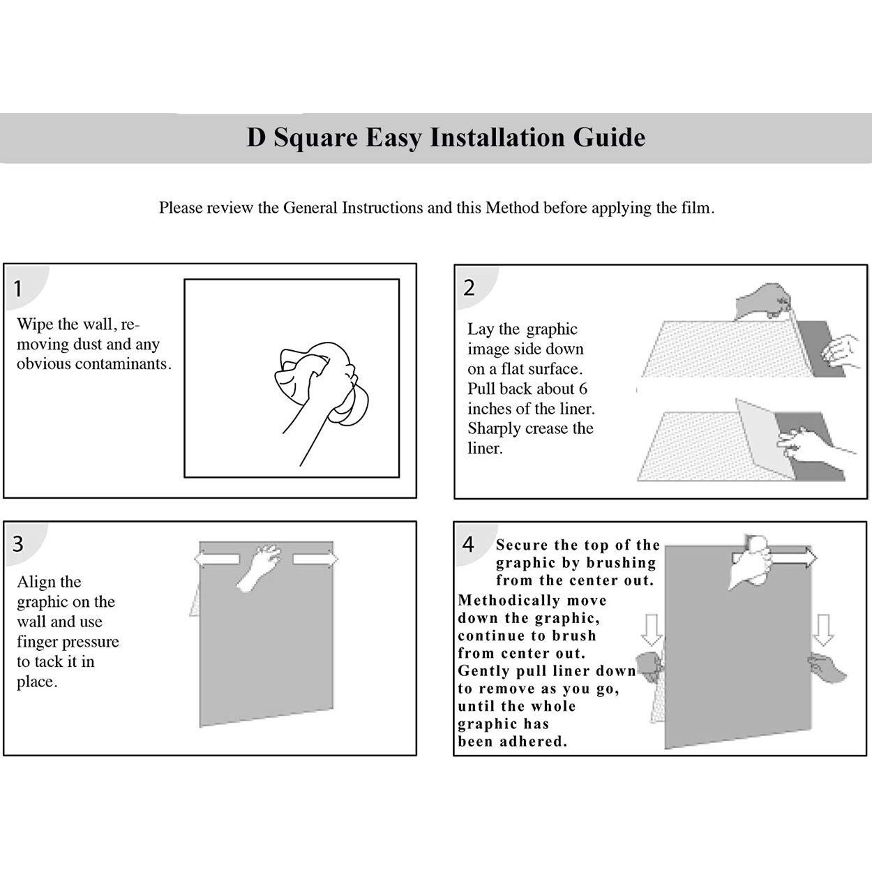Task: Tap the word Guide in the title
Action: (609, 137)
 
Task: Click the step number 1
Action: (18, 288)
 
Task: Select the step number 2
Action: (469, 287)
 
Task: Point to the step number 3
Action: (18, 543)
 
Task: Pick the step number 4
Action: (469, 544)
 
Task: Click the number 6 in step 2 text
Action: (582, 389)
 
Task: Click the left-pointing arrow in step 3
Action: (217, 559)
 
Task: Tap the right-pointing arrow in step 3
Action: (315, 559)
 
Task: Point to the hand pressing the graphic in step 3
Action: (258, 566)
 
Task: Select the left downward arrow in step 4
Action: (652, 629)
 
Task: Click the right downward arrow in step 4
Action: (825, 629)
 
